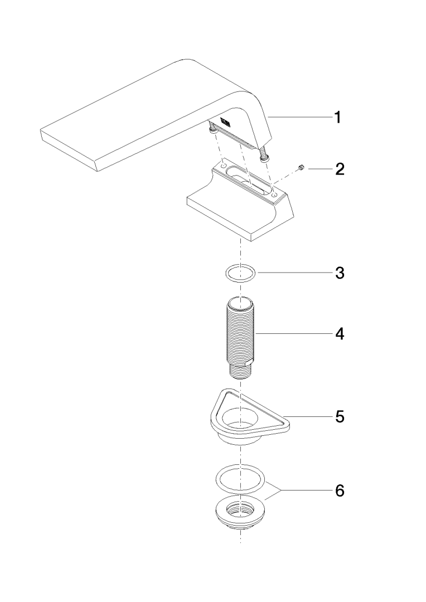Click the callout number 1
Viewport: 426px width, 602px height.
[x=337, y=117]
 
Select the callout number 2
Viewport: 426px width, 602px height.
[x=340, y=168]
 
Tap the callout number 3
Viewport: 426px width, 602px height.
[x=340, y=273]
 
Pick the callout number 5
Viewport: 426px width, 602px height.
[x=340, y=416]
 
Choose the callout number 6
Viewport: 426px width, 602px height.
[x=340, y=491]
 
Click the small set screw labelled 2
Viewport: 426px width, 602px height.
[x=302, y=167]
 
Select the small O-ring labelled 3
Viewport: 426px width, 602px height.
[x=240, y=273]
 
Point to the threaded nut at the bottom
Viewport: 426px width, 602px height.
[x=240, y=514]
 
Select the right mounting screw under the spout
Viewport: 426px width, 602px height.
[x=264, y=154]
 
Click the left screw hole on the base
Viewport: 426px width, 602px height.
[x=222, y=166]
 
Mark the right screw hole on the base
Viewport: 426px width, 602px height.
[x=274, y=196]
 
